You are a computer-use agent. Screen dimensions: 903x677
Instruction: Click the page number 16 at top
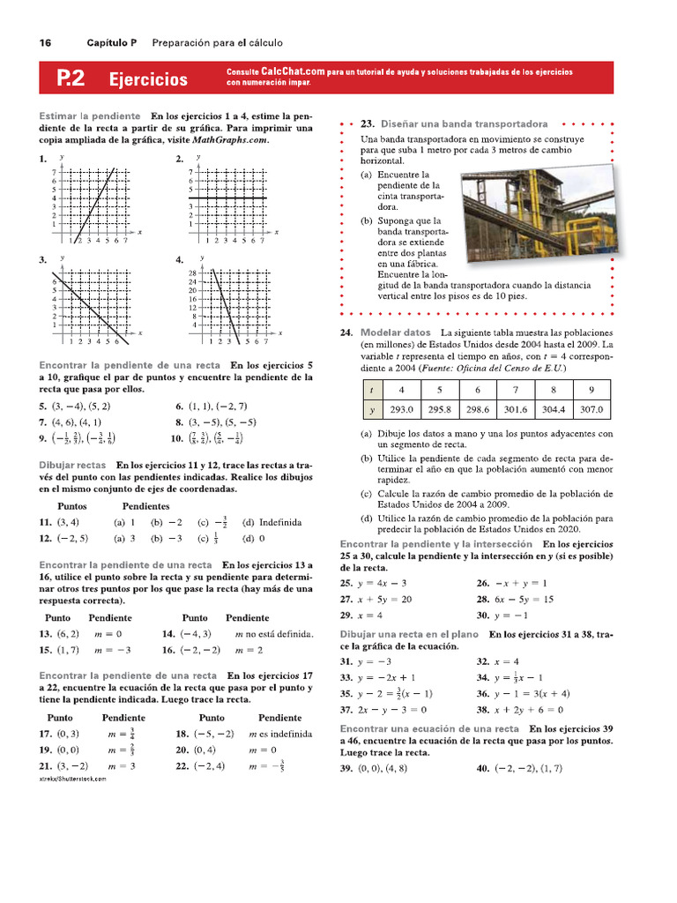pos(45,43)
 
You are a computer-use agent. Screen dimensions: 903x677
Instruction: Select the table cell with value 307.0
pos(591,409)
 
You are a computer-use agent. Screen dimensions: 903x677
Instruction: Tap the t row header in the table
pos(371,389)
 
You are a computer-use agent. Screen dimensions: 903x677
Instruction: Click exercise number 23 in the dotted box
pos(368,124)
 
